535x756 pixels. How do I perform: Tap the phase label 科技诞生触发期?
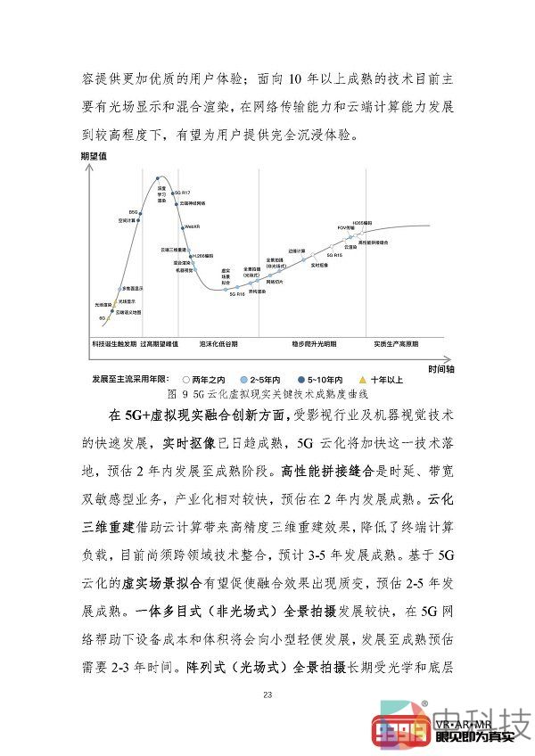(112, 342)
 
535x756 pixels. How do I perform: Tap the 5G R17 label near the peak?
(183, 193)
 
